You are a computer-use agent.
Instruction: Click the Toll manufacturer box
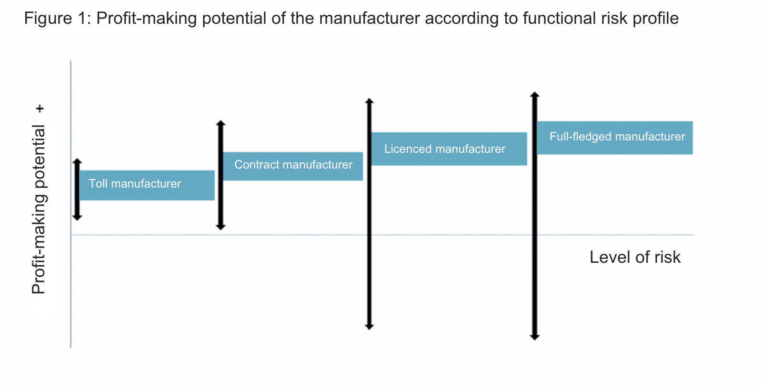coord(147,185)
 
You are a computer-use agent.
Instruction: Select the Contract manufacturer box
coord(293,166)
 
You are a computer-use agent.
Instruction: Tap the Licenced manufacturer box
coord(449,149)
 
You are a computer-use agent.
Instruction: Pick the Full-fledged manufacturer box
coord(615,138)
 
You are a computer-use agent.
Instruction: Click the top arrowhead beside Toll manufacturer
coord(77,161)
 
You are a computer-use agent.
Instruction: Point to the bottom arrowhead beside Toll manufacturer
coord(77,218)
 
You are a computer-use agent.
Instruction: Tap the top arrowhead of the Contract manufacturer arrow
coord(221,123)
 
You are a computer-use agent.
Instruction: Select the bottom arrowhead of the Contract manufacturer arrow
coord(221,227)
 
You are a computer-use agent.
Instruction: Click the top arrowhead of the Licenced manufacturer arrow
coord(370,101)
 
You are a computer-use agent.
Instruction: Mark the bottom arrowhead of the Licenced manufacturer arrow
coord(370,327)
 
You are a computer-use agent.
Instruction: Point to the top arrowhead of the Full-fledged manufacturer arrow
coord(535,95)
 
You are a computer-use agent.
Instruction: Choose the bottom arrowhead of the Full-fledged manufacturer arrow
coord(535,337)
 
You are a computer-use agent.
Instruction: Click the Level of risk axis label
coord(635,257)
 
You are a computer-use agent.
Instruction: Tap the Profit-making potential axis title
coord(39,209)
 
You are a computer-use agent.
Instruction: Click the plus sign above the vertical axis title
coord(40,109)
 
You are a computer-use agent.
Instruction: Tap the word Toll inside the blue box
coord(98,184)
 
